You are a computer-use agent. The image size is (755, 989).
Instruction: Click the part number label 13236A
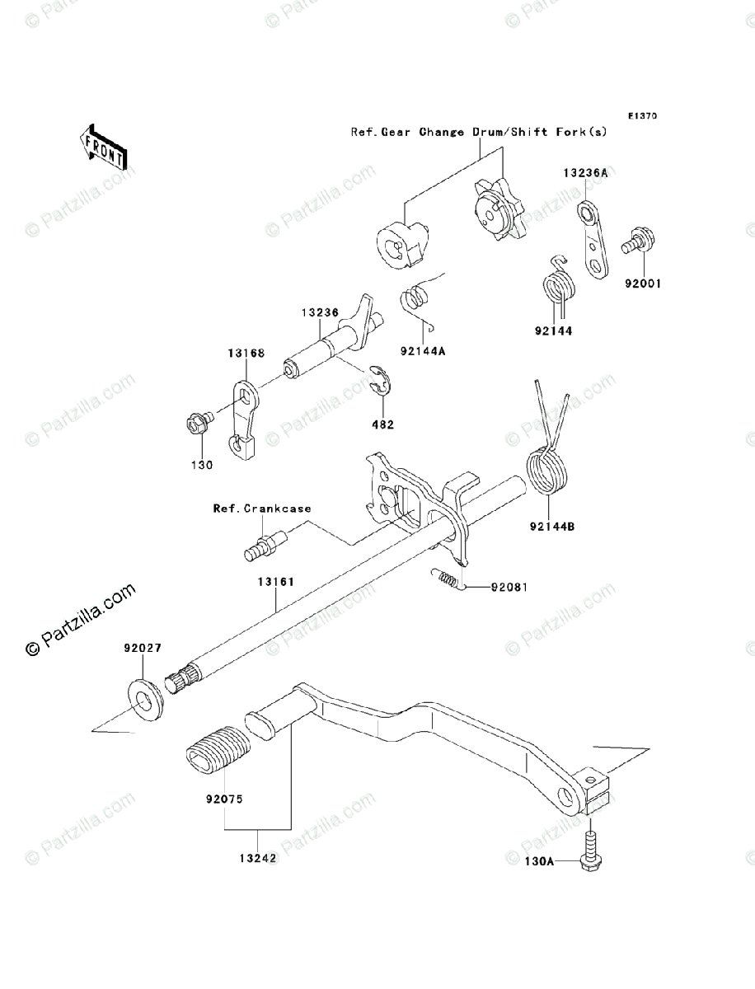point(586,173)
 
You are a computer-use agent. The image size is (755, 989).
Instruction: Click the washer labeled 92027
point(145,695)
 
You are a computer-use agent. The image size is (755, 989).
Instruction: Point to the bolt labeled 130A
point(591,851)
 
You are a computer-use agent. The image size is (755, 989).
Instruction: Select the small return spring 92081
point(447,579)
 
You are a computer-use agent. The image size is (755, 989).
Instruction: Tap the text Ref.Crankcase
point(262,509)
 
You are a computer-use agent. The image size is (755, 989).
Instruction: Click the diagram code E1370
point(642,116)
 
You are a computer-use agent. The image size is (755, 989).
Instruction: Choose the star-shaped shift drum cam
point(497,209)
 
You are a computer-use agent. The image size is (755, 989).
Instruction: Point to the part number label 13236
point(318,313)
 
